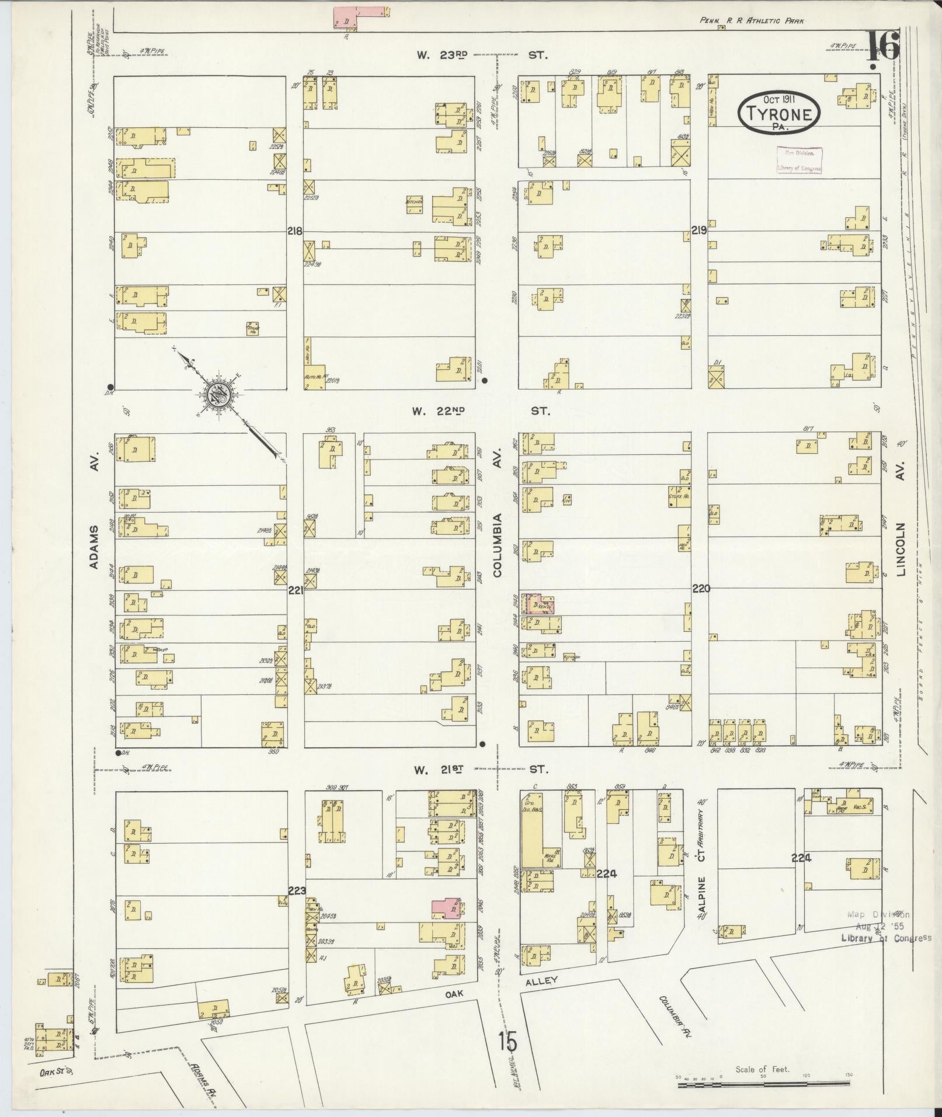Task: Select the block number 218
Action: coord(295,231)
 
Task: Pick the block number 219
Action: coord(700,231)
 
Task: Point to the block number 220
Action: coord(701,589)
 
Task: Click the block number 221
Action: coord(296,591)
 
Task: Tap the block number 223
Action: coord(297,890)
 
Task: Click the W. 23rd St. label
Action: coord(482,55)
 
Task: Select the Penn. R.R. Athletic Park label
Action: coord(752,21)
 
